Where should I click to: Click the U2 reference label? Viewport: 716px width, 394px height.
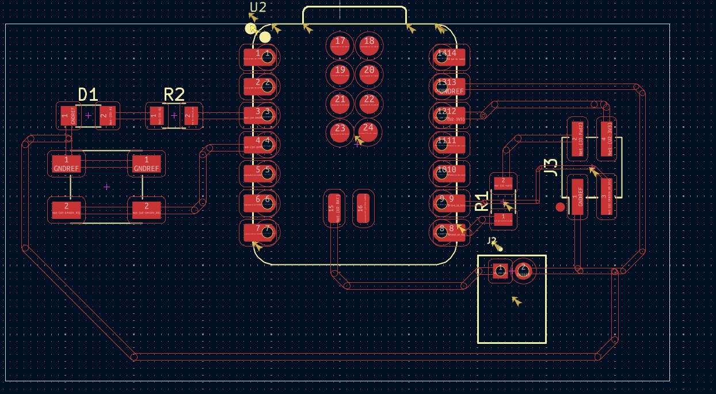(258, 7)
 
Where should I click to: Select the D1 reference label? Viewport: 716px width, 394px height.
(87, 95)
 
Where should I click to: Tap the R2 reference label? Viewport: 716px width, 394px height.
(174, 95)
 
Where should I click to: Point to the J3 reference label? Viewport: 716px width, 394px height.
(551, 167)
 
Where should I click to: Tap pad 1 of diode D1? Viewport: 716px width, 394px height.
(66, 116)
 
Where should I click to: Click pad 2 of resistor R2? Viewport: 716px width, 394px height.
(190, 116)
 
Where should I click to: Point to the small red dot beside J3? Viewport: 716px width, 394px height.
(560, 207)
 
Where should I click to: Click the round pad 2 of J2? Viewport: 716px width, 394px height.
(523, 270)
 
